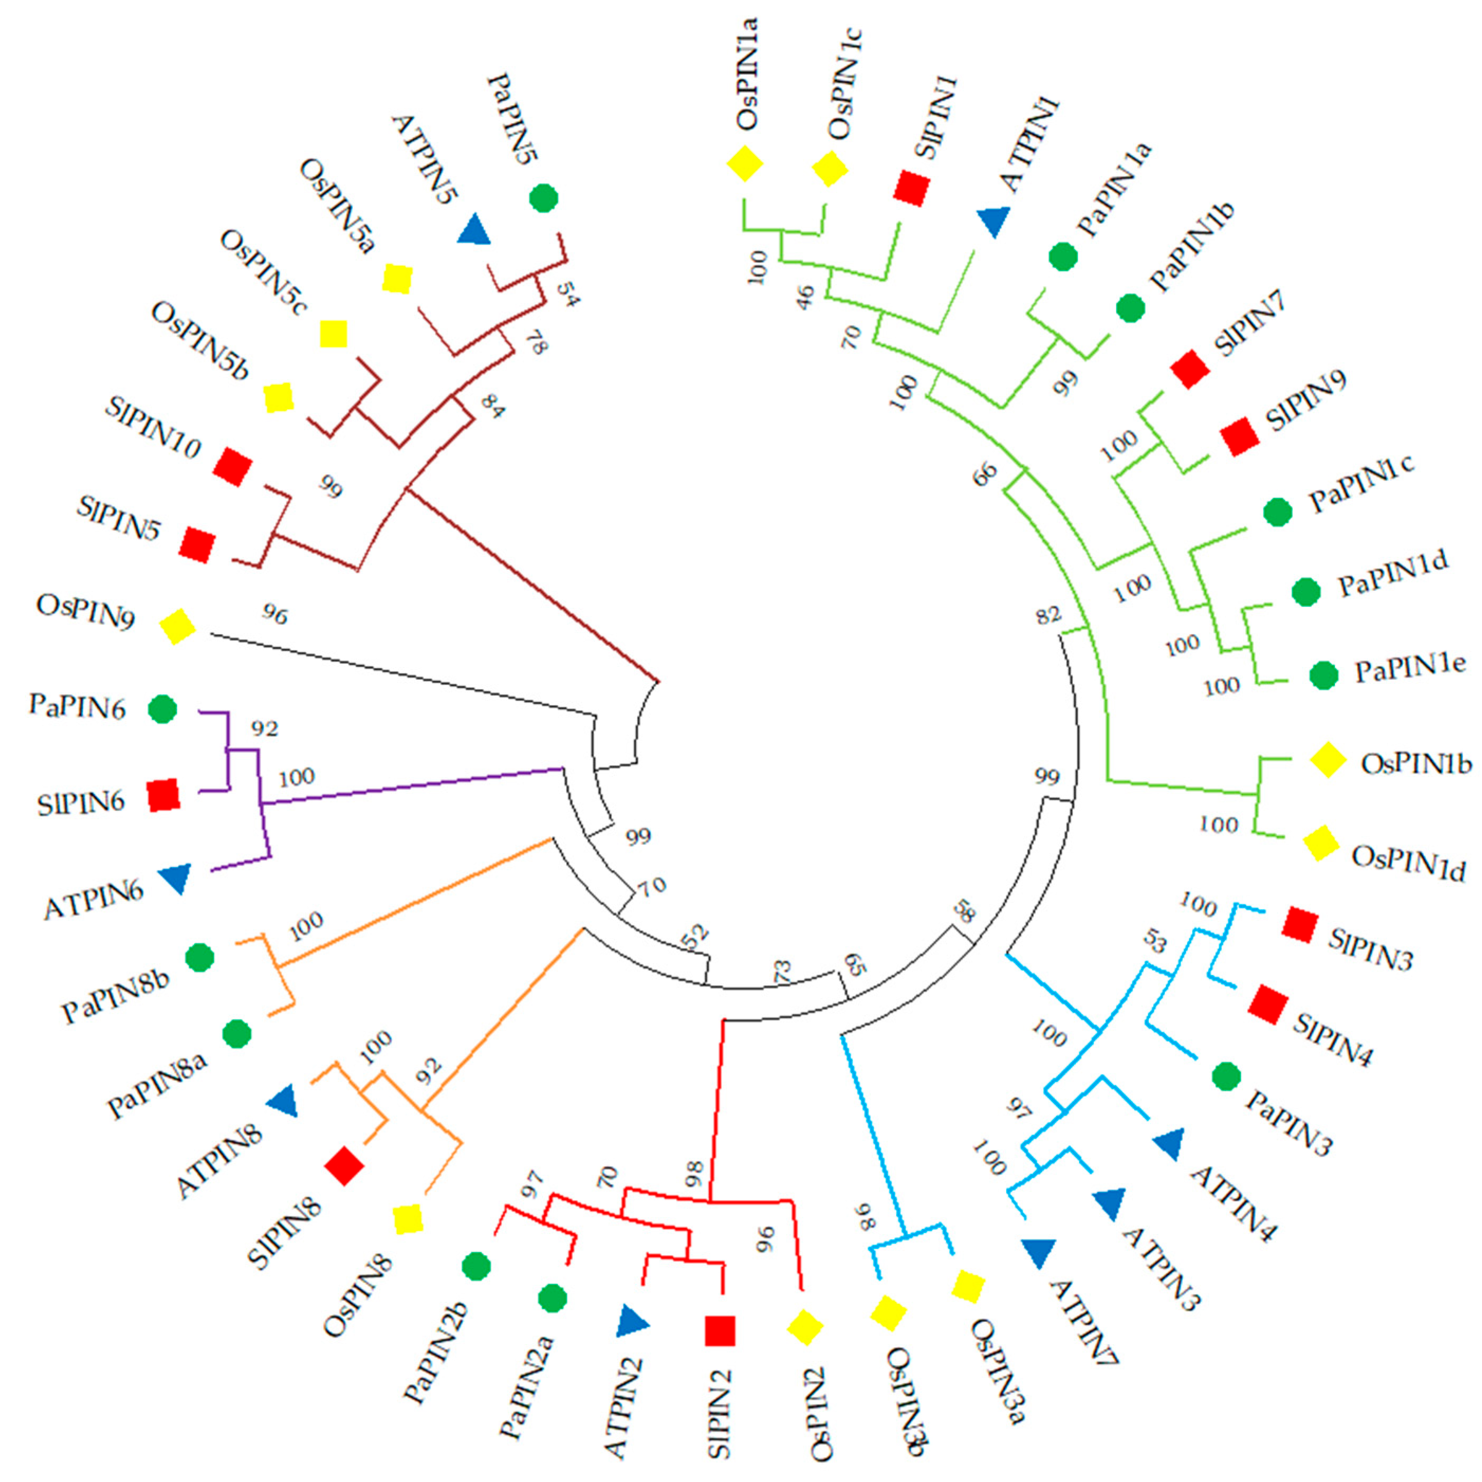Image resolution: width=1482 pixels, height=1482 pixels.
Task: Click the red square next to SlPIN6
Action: click(163, 795)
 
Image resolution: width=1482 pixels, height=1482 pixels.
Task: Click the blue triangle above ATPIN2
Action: click(633, 1321)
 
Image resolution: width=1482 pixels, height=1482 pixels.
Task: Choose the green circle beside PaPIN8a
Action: click(236, 1034)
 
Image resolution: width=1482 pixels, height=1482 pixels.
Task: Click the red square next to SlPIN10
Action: click(233, 466)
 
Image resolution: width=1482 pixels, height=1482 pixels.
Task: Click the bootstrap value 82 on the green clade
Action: click(1047, 615)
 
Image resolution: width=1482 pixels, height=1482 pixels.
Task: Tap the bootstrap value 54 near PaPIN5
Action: click(567, 293)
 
